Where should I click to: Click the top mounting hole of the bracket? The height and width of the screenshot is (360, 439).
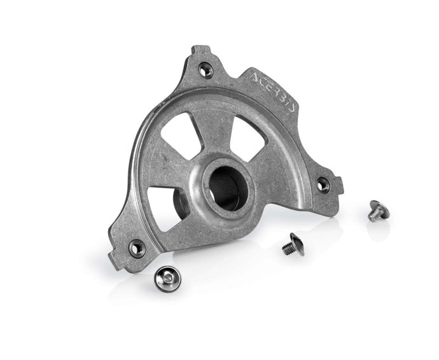206,71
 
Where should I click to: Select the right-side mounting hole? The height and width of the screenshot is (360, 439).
323,185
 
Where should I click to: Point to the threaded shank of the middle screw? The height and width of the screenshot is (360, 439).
288,249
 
